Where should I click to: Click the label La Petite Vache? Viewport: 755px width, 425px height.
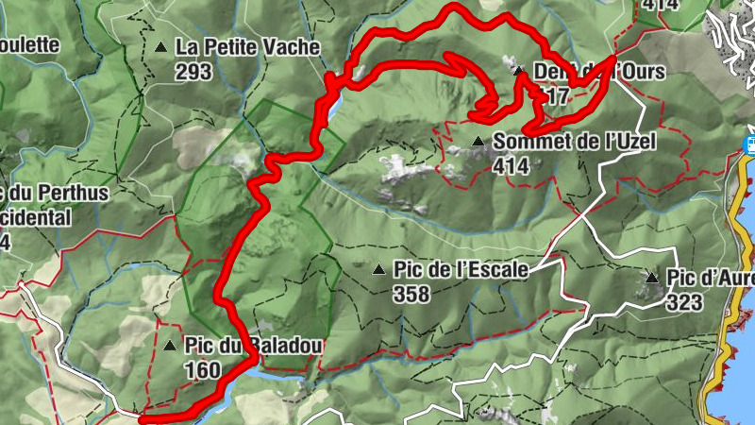[248, 46]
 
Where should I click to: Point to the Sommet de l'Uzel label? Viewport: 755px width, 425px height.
[574, 142]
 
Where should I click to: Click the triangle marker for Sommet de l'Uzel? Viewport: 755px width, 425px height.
[478, 142]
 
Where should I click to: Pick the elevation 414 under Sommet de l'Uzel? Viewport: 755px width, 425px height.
[512, 165]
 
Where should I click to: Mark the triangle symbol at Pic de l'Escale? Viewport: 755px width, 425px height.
[379, 270]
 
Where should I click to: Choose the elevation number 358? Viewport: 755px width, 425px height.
[413, 294]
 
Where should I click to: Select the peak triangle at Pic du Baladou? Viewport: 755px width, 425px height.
[170, 346]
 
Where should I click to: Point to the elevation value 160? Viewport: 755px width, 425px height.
[204, 369]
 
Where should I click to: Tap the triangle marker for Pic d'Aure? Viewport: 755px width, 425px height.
[651, 278]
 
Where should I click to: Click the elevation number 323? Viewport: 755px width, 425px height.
[684, 301]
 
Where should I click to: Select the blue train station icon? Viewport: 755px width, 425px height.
[753, 144]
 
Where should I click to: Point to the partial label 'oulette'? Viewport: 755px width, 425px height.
[30, 44]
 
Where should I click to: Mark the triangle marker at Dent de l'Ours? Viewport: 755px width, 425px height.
[518, 70]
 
